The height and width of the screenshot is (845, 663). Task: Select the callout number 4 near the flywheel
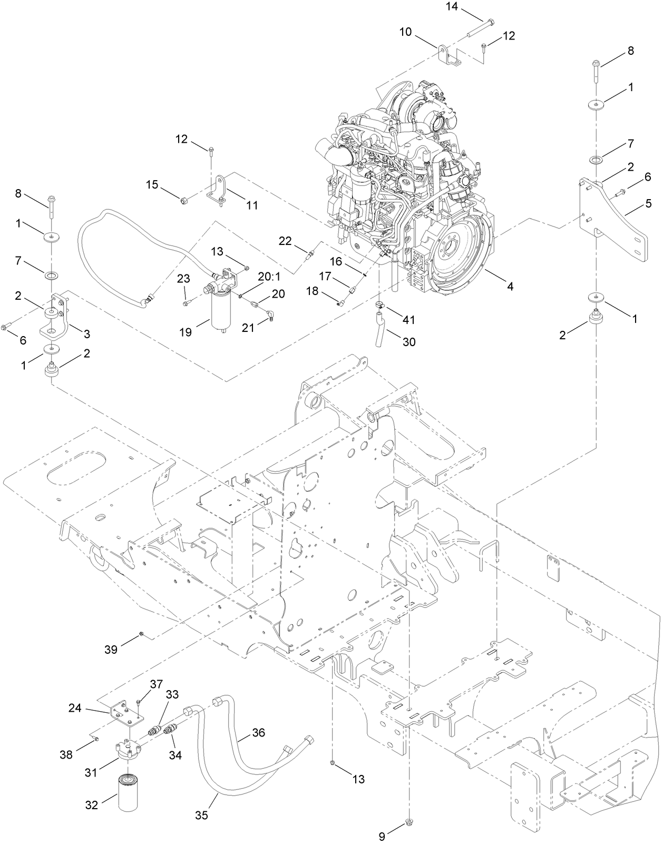coord(510,286)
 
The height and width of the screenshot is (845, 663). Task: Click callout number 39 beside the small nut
coord(111,649)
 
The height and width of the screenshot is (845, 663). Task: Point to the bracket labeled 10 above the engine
coord(448,57)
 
